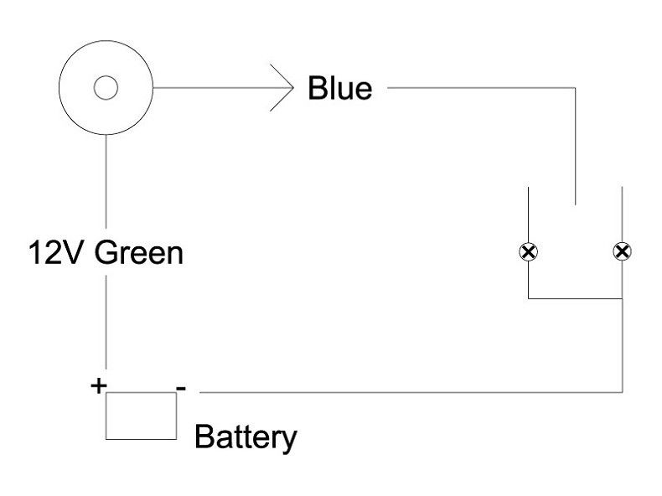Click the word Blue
click(339, 87)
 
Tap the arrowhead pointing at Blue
click(286, 87)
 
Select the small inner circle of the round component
click(106, 87)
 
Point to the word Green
click(138, 251)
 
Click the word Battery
click(246, 437)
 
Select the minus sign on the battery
click(181, 388)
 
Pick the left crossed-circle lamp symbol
click(529, 251)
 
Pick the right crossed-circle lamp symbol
click(622, 251)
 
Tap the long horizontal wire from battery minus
click(402, 391)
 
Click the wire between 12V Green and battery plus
click(106, 327)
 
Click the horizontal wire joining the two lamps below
click(575, 298)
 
